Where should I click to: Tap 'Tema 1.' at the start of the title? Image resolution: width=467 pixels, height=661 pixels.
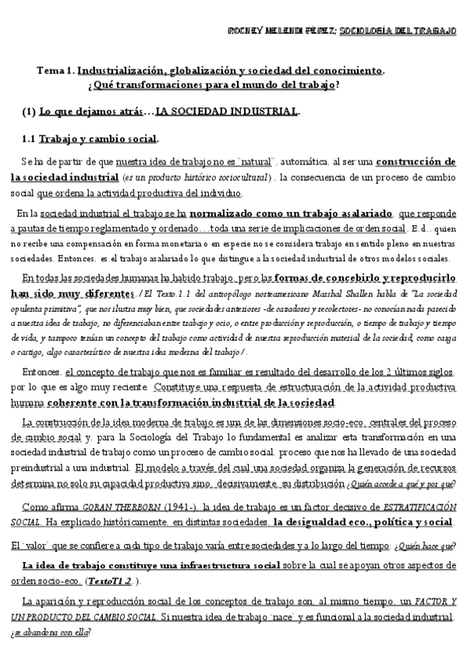[x=55, y=70]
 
